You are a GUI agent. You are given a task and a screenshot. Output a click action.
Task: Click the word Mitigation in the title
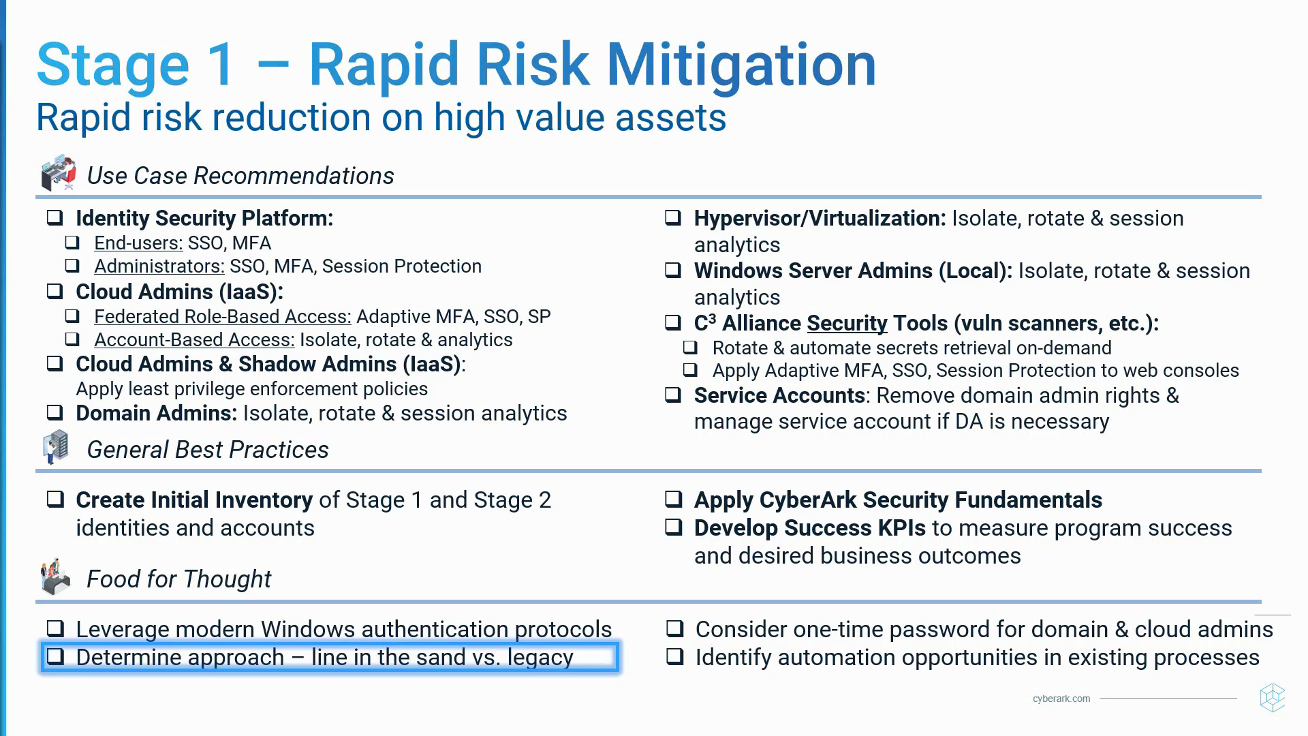coord(741,65)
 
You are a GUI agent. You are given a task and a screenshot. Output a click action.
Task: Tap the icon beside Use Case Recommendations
coord(58,172)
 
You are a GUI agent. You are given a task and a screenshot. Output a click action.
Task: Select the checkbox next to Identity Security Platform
coord(55,217)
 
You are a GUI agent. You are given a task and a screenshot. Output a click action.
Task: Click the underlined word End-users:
coord(138,243)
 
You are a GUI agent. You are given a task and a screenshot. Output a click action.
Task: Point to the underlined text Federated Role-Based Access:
coord(222,317)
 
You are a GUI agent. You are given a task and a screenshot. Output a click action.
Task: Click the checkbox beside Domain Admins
coord(55,412)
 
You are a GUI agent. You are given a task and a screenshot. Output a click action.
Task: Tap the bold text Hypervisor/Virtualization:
coord(820,218)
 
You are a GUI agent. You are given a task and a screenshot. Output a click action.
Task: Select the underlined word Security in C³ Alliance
coord(847,323)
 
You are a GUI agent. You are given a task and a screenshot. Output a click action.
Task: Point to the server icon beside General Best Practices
coord(57,446)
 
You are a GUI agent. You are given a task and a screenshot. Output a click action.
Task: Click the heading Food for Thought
coord(178,579)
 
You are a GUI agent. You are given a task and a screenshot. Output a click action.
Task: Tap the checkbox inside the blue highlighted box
coord(56,656)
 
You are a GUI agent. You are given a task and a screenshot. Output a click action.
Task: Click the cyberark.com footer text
coord(1061,699)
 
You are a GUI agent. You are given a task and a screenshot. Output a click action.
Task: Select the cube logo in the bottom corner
coord(1272,698)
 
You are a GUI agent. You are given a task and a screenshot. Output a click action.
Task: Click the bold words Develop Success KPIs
coord(809,528)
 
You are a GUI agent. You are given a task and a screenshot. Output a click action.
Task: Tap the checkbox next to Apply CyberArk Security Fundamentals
coord(674,499)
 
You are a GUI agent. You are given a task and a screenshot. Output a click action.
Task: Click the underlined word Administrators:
coord(159,266)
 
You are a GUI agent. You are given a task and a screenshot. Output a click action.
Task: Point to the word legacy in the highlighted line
coord(540,658)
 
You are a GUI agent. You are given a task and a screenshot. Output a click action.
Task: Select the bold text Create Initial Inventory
coord(194,500)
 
